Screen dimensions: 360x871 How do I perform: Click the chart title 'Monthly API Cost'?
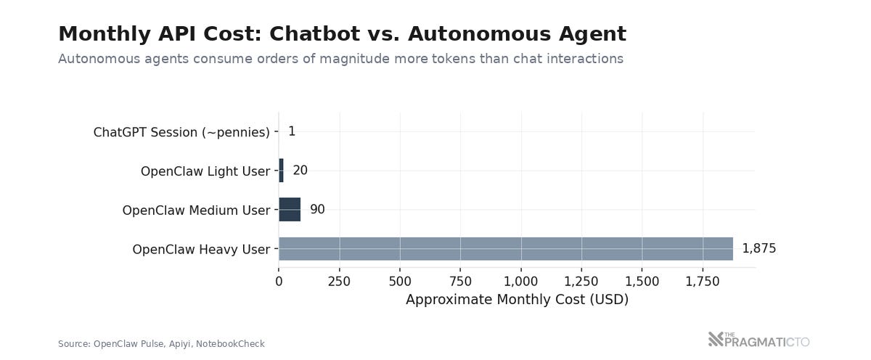(341, 34)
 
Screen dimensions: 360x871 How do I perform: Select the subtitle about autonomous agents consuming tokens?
(340, 59)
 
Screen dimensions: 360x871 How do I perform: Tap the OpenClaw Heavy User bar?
(505, 249)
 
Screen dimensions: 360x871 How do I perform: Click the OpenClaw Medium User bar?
(290, 210)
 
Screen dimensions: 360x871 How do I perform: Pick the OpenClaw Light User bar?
(281, 171)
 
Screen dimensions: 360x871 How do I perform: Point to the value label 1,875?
(758, 249)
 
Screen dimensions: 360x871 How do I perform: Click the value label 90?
(317, 210)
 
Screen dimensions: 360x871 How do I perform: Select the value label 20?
(300, 171)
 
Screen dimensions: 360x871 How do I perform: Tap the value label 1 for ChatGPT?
(291, 131)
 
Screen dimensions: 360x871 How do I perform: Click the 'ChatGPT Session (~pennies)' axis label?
(181, 132)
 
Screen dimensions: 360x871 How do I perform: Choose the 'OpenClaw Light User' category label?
(205, 171)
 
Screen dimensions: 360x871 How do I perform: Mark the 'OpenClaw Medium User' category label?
(196, 210)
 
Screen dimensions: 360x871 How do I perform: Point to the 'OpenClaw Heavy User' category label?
(201, 250)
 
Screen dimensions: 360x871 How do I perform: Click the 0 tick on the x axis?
(279, 282)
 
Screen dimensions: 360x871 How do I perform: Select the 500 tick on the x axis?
(400, 282)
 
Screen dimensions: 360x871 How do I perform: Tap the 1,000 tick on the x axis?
(520, 282)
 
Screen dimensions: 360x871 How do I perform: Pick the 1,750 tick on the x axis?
(702, 282)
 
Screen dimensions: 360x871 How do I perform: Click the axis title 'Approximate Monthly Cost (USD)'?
(517, 300)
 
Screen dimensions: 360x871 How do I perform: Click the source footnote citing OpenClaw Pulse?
(161, 344)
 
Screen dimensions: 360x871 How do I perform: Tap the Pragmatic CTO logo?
(758, 340)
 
